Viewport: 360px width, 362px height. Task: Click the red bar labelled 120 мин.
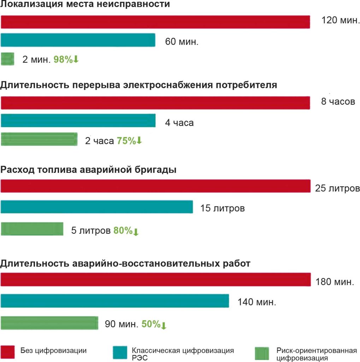(155, 22)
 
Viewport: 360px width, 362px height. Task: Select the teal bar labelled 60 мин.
(78, 40)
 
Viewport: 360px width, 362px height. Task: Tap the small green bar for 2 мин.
(7, 59)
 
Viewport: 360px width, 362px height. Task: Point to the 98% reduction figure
(66, 59)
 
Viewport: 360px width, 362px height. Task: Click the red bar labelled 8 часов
(155, 103)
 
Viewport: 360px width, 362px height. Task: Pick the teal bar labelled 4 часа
(78, 121)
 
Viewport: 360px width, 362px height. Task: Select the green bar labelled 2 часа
(39, 139)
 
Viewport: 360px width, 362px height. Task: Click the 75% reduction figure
(129, 141)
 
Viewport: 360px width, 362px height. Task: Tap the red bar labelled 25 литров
(155, 186)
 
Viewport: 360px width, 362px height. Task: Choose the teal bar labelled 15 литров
(96, 207)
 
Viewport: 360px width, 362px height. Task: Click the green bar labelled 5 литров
(32, 229)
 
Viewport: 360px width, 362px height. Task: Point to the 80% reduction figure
(126, 231)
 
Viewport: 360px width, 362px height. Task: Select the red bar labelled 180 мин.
(155, 279)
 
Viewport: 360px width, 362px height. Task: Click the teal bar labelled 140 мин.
(115, 301)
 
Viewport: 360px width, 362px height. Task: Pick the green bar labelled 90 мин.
(49, 323)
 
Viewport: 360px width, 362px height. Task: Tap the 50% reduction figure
(154, 324)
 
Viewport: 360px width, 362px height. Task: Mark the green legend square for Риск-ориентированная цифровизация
(262, 352)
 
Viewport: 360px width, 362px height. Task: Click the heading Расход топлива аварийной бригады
(88, 169)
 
